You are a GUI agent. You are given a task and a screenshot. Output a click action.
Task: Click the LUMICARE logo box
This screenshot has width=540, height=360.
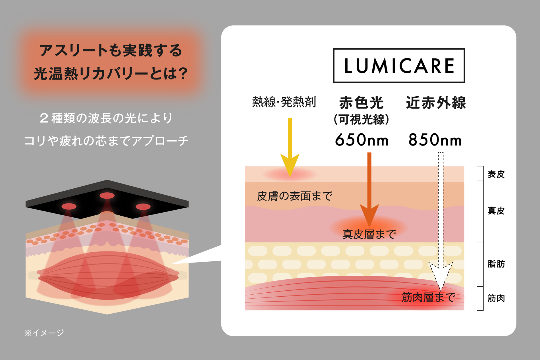[x=399, y=66]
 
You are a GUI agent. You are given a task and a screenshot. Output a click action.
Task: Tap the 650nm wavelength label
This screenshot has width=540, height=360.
[x=362, y=140]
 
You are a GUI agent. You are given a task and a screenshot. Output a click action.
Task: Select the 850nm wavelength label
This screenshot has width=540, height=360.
[x=435, y=140]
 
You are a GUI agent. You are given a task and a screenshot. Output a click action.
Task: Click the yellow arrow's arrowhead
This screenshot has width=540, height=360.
[x=290, y=165]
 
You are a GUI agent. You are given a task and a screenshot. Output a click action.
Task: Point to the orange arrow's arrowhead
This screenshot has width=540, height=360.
[x=369, y=215]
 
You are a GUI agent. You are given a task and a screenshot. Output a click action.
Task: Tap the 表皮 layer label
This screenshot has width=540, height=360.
[x=496, y=174]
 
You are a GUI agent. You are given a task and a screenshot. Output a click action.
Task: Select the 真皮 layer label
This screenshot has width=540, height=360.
[x=496, y=211]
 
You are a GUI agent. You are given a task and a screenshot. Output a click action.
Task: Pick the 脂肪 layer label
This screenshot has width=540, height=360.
[x=496, y=264]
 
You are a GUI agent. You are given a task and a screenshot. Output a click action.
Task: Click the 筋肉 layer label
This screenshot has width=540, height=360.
[x=496, y=298]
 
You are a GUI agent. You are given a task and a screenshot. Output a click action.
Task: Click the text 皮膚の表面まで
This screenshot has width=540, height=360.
[x=294, y=196]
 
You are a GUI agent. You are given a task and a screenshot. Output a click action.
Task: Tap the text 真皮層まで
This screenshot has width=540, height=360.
[x=369, y=234]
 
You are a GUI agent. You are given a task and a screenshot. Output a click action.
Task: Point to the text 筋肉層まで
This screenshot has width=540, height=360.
[x=428, y=297]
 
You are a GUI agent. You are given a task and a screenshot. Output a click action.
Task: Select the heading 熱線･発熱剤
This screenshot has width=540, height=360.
[x=284, y=102]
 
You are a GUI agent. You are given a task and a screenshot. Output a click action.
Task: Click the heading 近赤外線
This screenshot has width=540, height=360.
[x=436, y=103]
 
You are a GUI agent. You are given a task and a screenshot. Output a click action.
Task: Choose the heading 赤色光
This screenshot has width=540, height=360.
[x=362, y=103]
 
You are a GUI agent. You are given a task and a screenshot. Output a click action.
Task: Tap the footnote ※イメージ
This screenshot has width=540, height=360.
[x=44, y=333]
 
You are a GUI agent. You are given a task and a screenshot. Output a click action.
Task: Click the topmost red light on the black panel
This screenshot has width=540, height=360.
[x=107, y=195]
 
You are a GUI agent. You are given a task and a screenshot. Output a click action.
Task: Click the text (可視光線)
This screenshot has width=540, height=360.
[x=362, y=120]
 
